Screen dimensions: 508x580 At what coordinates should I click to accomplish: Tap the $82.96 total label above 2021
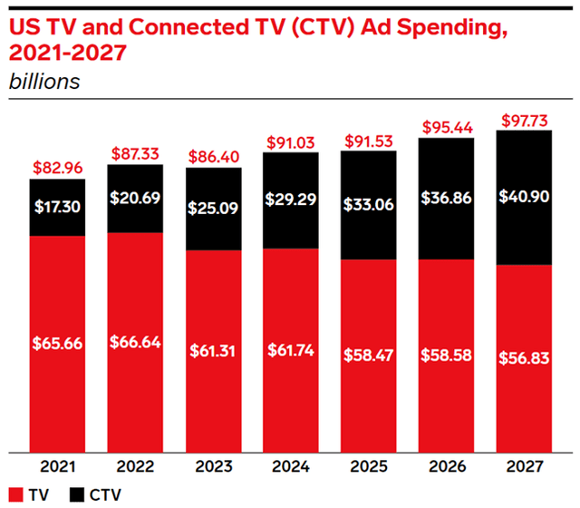coord(58,169)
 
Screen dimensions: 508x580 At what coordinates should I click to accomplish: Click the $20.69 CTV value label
coord(135,198)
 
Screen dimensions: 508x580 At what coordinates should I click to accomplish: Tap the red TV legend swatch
coord(15,495)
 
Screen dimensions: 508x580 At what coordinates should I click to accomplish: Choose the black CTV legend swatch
coord(74,495)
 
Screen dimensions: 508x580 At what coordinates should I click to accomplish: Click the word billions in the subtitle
coord(43,81)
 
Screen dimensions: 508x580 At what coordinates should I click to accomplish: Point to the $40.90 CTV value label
coord(522,197)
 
